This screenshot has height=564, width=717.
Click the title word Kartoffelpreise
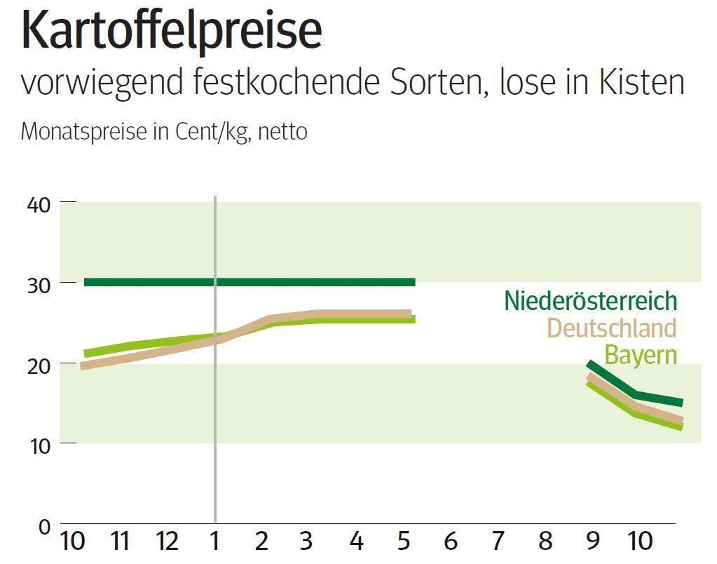172,32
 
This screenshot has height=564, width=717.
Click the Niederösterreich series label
590,301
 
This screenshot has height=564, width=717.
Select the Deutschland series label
611,328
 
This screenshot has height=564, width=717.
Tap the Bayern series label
641,355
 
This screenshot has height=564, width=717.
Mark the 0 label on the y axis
44,526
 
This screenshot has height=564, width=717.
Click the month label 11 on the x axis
120,541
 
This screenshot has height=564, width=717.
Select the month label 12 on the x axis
167,541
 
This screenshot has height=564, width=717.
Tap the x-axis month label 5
403,541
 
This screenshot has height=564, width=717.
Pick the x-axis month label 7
498,541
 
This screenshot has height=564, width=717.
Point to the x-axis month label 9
593,541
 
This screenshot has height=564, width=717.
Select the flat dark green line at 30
315,282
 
